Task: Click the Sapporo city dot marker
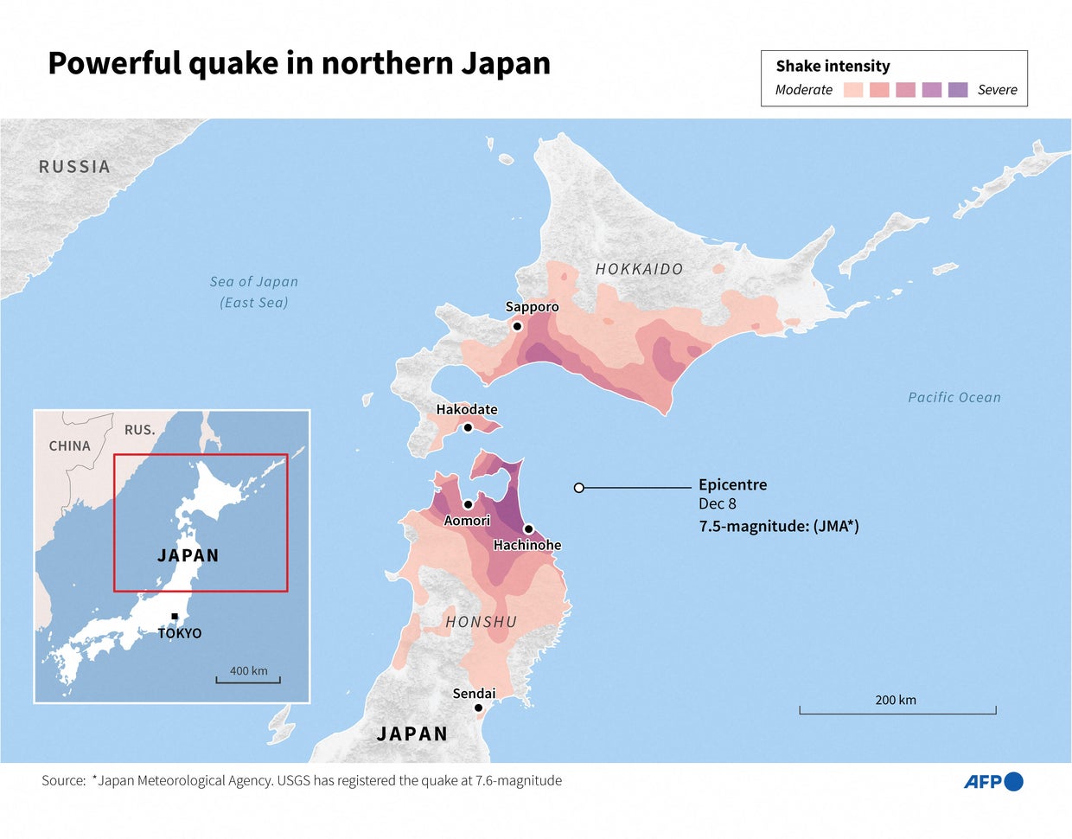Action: point(517,326)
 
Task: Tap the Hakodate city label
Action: point(467,409)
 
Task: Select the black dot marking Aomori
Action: point(468,504)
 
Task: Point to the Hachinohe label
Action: point(527,545)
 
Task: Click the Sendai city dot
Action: point(478,708)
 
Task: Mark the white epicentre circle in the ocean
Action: point(579,488)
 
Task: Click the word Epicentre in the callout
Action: point(732,484)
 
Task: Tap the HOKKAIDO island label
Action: point(639,269)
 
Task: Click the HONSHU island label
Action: point(482,622)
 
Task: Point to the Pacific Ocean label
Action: point(954,397)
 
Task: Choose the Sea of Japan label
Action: point(254,282)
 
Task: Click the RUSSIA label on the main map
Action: point(74,167)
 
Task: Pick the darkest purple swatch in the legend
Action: point(958,89)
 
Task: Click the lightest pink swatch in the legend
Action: point(853,89)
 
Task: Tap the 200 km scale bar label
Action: point(896,700)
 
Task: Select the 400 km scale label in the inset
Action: point(248,670)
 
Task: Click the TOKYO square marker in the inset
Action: point(175,617)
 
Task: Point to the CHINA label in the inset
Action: point(69,446)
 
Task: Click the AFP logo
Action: point(993,782)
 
